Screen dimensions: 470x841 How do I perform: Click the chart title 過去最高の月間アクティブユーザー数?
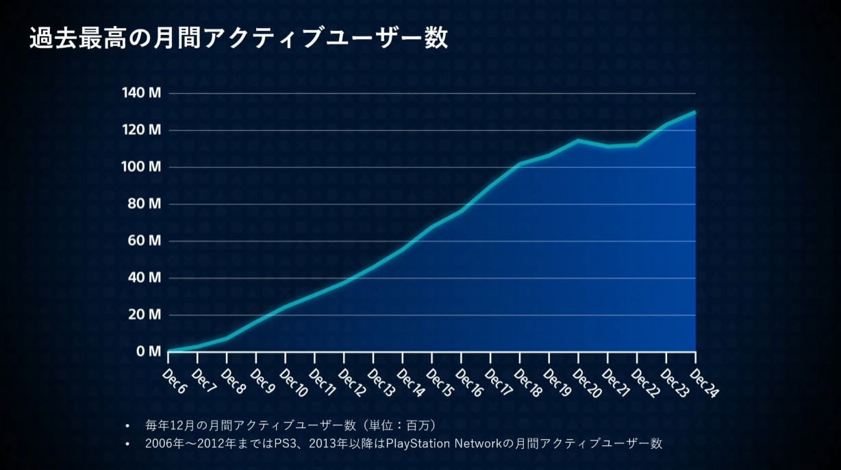click(239, 38)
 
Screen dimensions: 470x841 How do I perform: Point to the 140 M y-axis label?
click(141, 93)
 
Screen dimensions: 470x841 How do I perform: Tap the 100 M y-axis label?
click(141, 167)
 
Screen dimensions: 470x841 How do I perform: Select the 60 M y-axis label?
click(143, 241)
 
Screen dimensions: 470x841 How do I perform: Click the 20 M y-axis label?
click(143, 315)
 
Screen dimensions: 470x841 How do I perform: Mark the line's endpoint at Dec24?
click(695, 112)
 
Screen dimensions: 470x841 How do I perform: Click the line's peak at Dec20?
click(578, 140)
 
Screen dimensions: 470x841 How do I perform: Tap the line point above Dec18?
click(520, 164)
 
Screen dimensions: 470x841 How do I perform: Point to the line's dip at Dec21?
click(607, 146)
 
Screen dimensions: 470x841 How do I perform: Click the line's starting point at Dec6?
click(168, 351)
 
